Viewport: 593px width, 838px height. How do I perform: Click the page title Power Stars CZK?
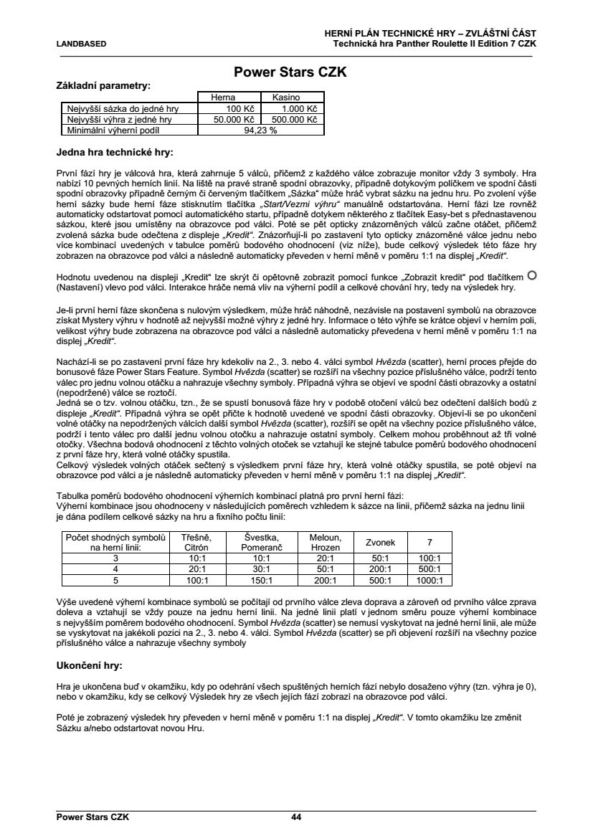click(x=291, y=72)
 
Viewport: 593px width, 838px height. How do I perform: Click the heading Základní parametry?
click(x=103, y=85)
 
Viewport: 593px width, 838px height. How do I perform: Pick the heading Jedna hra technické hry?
click(x=115, y=152)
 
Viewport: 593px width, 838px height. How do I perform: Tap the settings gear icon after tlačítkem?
click(x=531, y=275)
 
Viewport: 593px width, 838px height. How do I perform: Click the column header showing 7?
click(x=430, y=543)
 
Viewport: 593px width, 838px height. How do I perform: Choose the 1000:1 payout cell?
click(x=430, y=581)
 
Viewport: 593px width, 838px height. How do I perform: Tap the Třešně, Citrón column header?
click(x=196, y=543)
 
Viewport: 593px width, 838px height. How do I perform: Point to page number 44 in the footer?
click(x=296, y=816)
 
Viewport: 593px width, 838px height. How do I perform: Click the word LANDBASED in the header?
click(x=81, y=44)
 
